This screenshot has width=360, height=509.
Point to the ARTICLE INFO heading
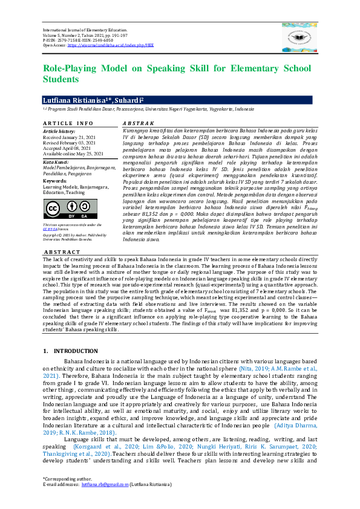[x=68, y=123]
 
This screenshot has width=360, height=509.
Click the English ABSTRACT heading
[x=62, y=252]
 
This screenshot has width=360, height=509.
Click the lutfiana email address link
[x=105, y=501]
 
